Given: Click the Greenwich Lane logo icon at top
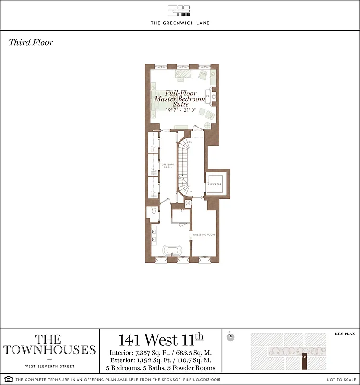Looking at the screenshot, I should coord(180,11).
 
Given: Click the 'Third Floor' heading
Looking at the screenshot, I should coord(31,42).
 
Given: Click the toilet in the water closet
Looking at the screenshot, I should coord(153,211).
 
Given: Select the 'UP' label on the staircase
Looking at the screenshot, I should coord(190,192).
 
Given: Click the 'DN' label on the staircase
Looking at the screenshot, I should coord(190,143).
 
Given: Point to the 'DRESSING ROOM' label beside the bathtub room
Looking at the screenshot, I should coord(204,235).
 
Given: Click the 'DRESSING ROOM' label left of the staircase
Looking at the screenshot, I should coord(167,166).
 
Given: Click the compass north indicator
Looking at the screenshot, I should coord(231,337).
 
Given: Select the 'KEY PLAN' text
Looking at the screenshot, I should coord(344,334).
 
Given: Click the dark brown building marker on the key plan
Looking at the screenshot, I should coord(304,361).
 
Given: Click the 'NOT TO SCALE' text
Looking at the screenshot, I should coord(340,380).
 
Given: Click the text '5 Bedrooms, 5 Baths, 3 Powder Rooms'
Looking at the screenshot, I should coord(161,368).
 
